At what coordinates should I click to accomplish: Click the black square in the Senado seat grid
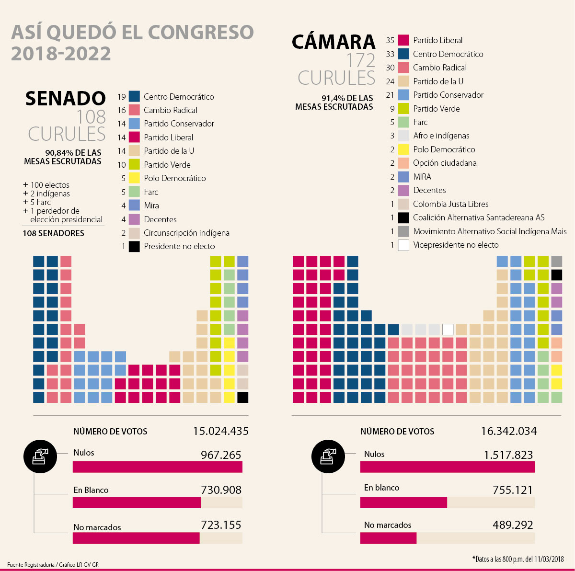click(242, 397)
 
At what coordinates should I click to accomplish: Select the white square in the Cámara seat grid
click(448, 330)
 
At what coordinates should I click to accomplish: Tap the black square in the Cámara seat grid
click(556, 275)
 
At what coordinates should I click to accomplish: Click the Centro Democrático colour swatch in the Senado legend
click(134, 96)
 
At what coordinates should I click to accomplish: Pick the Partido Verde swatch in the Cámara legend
click(403, 108)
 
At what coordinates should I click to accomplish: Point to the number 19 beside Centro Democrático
click(122, 97)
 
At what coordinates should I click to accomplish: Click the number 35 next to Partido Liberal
click(390, 40)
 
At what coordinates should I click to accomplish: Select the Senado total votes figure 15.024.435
click(220, 431)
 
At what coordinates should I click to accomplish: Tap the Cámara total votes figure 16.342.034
click(508, 431)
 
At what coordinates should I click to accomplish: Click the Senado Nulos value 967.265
click(221, 455)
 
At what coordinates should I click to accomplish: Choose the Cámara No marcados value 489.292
click(513, 525)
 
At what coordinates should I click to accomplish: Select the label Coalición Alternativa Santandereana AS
click(479, 217)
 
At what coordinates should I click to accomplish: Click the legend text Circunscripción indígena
click(186, 233)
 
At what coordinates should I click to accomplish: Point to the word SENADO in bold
click(65, 99)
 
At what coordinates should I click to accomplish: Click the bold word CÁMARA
click(333, 42)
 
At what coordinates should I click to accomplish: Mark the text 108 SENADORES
click(54, 233)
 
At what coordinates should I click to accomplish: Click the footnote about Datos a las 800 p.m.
click(518, 559)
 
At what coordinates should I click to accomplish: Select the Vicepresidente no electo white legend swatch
click(403, 245)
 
